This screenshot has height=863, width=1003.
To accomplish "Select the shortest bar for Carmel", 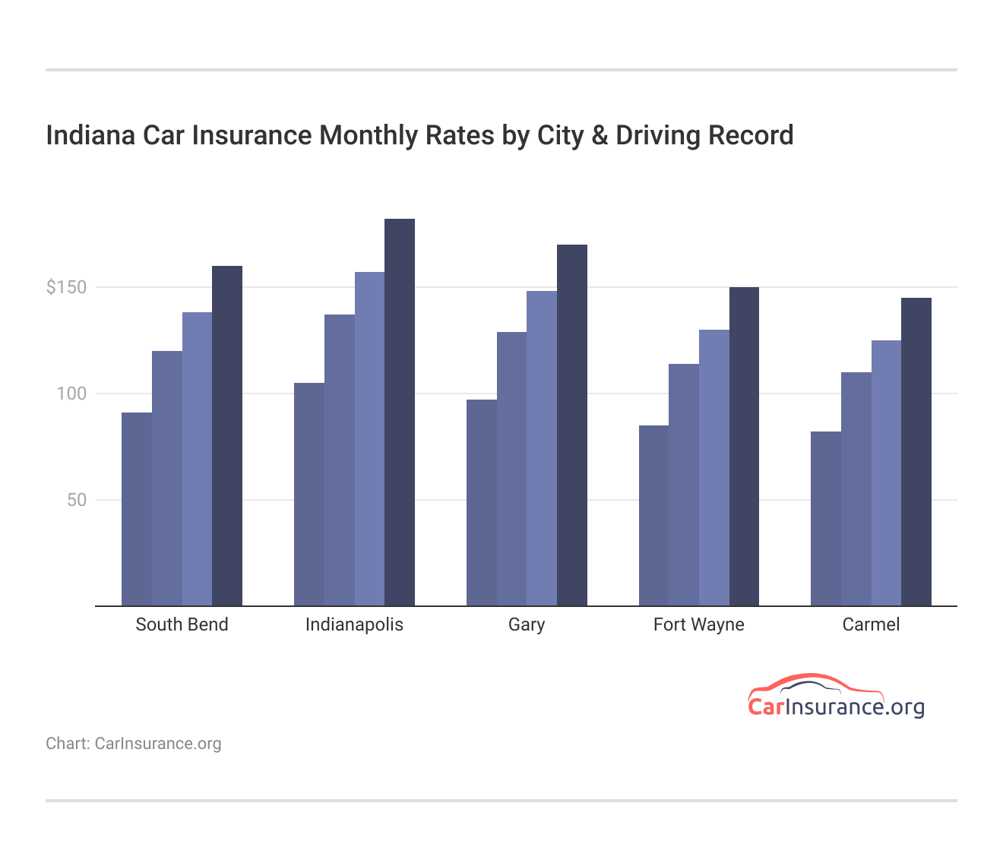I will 825,519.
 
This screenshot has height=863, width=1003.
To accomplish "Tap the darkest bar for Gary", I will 571,425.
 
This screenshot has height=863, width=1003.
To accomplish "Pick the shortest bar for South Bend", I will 137,509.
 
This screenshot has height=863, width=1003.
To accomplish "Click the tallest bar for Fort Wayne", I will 744,447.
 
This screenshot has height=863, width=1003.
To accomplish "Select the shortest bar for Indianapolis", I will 309,495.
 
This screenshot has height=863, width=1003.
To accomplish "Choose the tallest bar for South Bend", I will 227,436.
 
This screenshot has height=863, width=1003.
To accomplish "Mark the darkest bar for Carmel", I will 916,452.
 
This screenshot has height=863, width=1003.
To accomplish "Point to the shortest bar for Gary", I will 481,503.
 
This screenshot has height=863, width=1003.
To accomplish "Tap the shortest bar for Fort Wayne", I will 653,516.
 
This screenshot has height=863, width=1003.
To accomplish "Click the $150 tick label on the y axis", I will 67,287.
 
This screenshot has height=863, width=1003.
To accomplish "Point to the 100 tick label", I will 71,394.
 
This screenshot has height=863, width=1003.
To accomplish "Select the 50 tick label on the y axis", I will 77,500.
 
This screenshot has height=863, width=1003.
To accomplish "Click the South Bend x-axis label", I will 182,624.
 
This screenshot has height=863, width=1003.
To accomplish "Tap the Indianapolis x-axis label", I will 354,624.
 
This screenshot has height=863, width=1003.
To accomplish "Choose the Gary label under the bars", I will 527,624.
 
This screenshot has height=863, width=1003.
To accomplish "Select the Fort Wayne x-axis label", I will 698,624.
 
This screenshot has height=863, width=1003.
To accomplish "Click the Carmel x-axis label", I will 871,624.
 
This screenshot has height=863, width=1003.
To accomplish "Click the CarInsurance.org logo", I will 836,697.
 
